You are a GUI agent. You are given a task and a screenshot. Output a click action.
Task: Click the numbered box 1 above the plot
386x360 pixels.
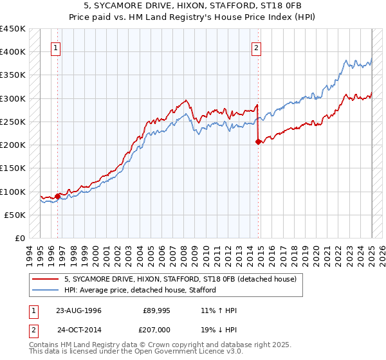click(x=56, y=47)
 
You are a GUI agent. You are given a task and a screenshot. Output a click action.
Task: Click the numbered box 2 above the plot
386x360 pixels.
click(x=256, y=47)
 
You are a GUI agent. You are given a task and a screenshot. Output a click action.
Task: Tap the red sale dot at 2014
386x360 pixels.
click(x=258, y=142)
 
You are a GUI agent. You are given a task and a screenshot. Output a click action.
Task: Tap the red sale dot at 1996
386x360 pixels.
click(x=57, y=196)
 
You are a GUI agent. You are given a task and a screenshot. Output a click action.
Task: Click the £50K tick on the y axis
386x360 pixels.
click(x=15, y=215)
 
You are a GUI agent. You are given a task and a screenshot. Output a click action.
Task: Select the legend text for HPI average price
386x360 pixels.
click(x=140, y=290)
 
